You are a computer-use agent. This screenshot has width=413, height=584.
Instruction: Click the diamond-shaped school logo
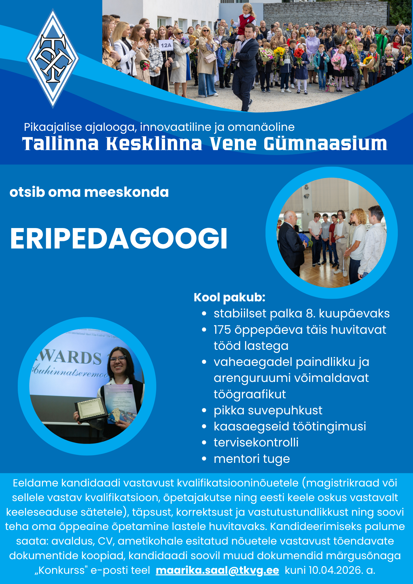click(53, 58)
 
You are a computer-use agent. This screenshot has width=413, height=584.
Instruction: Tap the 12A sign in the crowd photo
click(166, 45)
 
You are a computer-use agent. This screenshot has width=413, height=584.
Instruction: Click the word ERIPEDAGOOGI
click(119, 238)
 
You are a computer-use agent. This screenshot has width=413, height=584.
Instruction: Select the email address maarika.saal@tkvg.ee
click(217, 570)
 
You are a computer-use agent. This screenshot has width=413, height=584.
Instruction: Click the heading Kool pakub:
click(230, 297)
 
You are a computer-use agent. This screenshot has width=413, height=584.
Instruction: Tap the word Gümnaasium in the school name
click(325, 144)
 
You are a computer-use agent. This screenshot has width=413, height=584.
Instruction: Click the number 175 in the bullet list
click(222, 330)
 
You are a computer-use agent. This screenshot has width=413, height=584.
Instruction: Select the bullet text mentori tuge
click(252, 459)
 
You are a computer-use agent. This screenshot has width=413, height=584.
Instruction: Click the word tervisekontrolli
click(256, 442)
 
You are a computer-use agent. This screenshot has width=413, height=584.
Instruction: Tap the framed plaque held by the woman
click(91, 409)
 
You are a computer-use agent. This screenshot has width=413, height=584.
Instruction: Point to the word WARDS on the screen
click(69, 357)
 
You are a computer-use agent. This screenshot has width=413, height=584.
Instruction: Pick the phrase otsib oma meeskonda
click(89, 192)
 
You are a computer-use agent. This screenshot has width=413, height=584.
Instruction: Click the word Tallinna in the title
click(60, 144)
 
